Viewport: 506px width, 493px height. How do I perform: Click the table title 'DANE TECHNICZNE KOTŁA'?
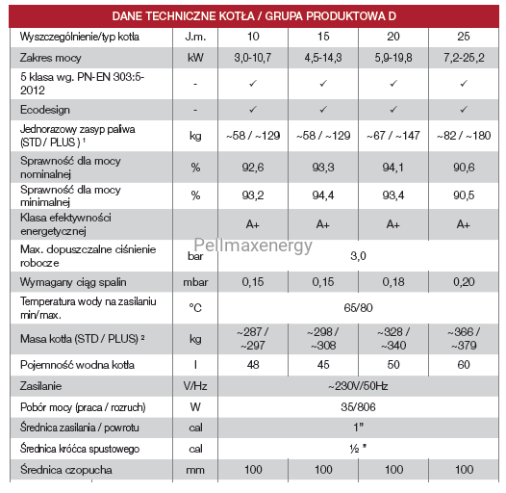click(x=183, y=15)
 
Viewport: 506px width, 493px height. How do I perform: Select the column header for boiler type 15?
click(x=323, y=37)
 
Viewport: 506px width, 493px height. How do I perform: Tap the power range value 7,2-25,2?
click(x=464, y=58)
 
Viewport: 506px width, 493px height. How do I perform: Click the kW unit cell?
click(x=195, y=58)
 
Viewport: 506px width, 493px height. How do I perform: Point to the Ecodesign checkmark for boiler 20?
click(x=393, y=110)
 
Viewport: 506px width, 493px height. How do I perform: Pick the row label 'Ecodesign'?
click(x=45, y=110)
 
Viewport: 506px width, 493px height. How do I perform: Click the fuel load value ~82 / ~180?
click(x=464, y=136)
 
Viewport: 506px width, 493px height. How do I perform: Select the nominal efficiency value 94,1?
click(x=393, y=167)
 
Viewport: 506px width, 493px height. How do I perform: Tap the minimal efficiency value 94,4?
click(x=323, y=195)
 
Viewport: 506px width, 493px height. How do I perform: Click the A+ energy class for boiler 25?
click(x=464, y=224)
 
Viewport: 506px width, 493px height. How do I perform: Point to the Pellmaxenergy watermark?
click(x=253, y=246)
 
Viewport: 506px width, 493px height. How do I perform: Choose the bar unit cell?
click(x=195, y=256)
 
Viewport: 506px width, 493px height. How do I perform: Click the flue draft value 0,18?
click(x=393, y=282)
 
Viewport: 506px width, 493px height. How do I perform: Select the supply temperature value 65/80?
click(x=358, y=307)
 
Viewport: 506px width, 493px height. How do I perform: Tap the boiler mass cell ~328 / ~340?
click(x=393, y=339)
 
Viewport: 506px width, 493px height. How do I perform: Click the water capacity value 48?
click(x=253, y=365)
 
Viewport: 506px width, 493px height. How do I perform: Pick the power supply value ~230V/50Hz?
click(x=358, y=386)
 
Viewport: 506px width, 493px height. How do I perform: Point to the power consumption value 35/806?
click(x=358, y=407)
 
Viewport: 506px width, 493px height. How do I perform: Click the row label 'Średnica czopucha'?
click(x=66, y=470)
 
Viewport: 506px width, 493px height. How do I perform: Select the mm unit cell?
click(x=195, y=470)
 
